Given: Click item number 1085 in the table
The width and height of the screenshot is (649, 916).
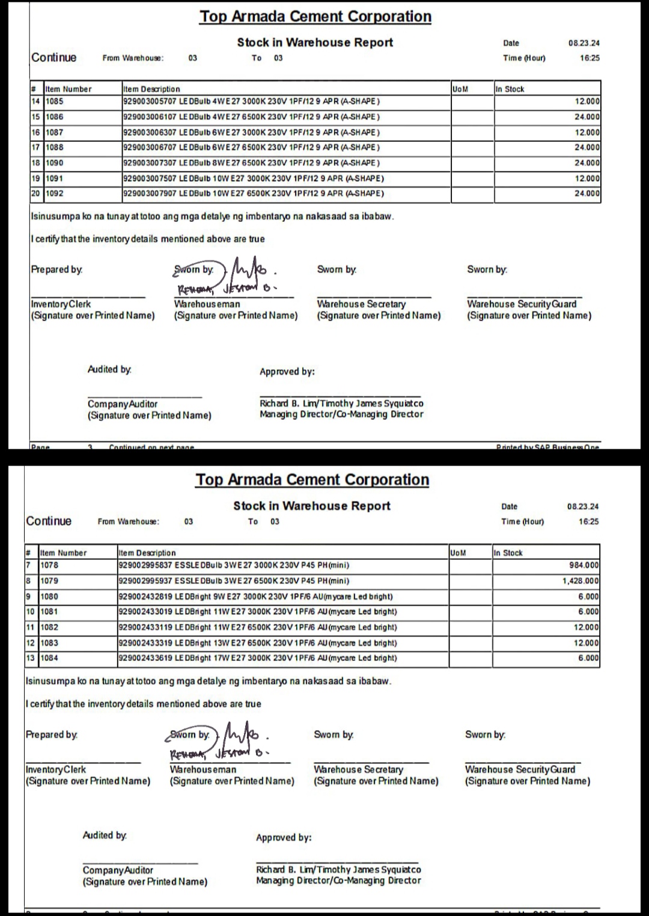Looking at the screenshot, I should coord(55,102).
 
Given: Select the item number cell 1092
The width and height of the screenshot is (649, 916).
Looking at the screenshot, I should coord(55,194).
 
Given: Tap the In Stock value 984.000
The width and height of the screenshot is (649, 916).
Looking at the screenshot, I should coord(583,565).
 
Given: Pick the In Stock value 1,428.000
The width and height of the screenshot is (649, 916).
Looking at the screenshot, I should coord(580,581).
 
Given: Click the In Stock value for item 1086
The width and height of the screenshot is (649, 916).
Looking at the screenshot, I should coord(587,117).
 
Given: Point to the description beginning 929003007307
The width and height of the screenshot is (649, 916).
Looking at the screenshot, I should coord(252,163).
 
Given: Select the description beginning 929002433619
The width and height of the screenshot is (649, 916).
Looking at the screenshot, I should coord(258,658).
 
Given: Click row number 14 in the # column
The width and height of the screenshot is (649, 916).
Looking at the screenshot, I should coord(35,102).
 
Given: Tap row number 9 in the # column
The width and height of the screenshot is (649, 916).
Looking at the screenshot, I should coord(28,597).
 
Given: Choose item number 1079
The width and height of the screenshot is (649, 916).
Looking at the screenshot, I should coord(49,581).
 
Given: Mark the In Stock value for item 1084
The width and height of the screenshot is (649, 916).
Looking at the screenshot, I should coord(588,658).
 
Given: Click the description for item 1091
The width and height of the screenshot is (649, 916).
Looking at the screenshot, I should coord(254,179).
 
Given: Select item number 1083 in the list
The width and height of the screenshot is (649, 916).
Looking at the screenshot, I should coord(49,643).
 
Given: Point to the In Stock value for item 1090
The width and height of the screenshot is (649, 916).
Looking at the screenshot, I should coord(587,163).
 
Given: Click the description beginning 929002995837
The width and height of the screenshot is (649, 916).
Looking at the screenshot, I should coord(234,565).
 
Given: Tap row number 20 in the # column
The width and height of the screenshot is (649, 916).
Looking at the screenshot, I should coord(35,194).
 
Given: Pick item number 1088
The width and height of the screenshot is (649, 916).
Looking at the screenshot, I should coord(55,147).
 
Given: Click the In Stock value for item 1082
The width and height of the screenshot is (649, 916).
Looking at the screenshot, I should coord(586,627).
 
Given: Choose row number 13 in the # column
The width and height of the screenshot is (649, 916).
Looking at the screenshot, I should coord(30,658).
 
